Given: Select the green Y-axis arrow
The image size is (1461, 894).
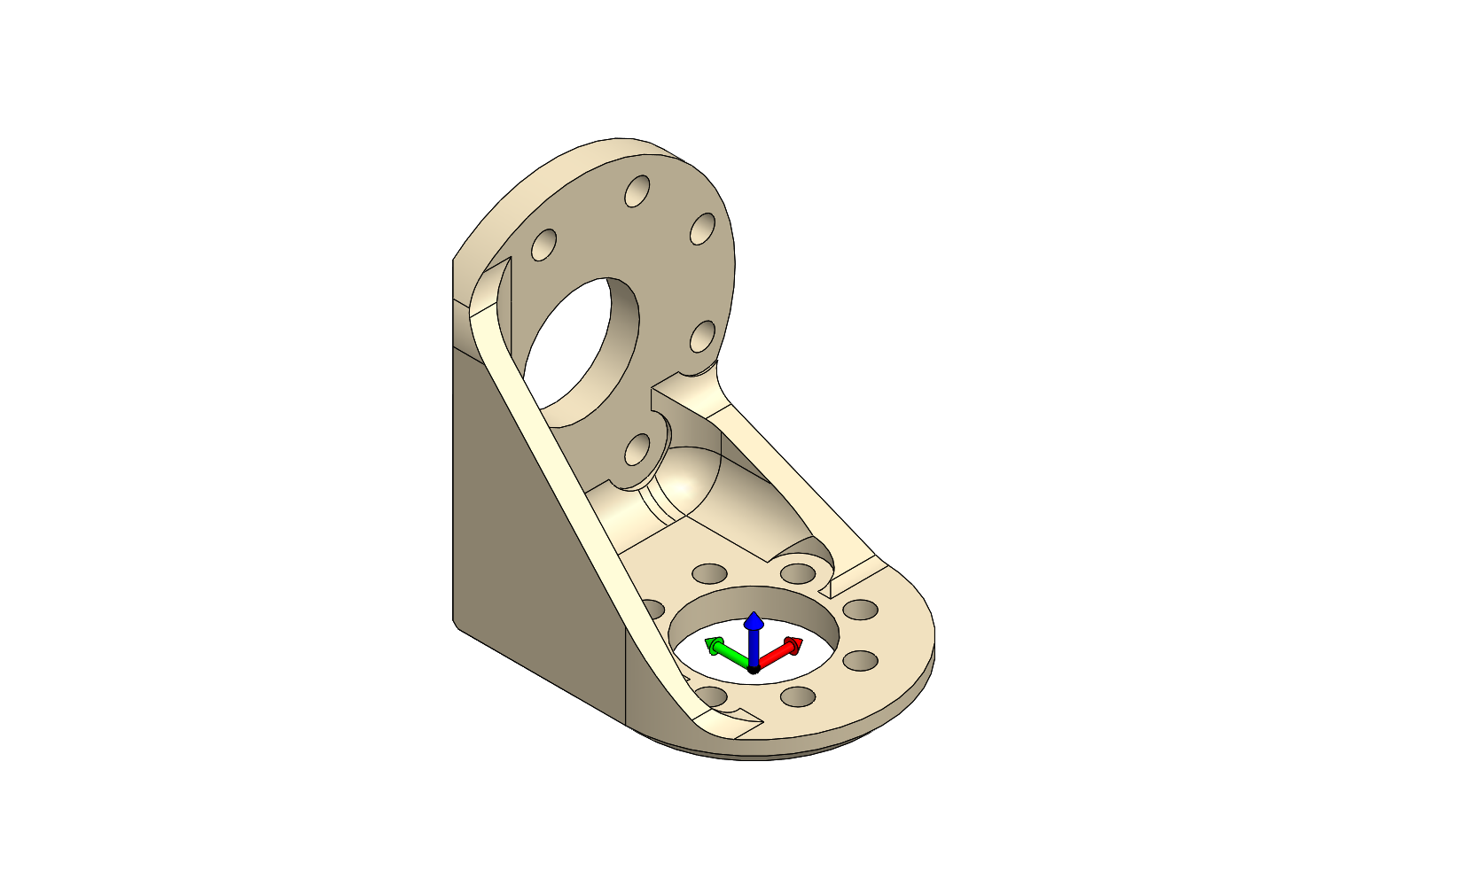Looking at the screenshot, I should coord(725,651).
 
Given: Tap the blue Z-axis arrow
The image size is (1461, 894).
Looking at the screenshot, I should coord(754,631).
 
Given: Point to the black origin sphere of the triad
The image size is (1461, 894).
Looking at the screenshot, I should coord(754,669).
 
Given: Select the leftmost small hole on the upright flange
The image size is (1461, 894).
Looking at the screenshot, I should coord(543,245).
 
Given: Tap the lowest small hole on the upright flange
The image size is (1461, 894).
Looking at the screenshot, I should coord(637,451).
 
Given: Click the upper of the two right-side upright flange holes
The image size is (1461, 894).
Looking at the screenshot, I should coord(702,229).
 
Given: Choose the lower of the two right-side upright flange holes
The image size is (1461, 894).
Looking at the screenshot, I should coord(702,337).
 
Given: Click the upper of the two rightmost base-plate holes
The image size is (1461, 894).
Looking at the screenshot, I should coord(860,610).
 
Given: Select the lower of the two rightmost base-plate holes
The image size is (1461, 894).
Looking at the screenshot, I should coord(860,660).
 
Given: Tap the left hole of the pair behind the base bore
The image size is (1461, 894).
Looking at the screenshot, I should coord(709,573).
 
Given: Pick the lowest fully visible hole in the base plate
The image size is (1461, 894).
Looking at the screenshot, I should coord(798,696).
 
